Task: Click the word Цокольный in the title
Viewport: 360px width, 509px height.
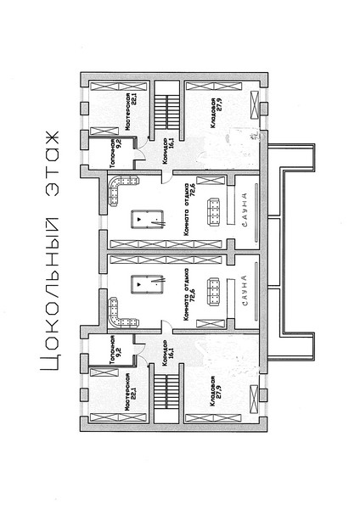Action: click(50, 294)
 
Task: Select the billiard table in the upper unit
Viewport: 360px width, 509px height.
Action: click(148, 219)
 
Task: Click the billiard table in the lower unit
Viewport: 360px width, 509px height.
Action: click(148, 284)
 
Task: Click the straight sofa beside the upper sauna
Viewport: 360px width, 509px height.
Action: click(213, 211)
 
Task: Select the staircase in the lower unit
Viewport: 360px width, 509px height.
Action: click(166, 392)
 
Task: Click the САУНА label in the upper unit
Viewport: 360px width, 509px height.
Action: click(245, 210)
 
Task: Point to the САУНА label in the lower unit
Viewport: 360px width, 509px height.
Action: click(245, 290)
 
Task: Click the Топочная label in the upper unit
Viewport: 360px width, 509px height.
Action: click(112, 154)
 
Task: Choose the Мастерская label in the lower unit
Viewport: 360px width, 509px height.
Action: click(127, 392)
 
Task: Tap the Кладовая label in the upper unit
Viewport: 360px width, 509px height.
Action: click(212, 113)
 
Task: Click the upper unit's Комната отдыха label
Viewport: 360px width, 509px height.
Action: click(186, 210)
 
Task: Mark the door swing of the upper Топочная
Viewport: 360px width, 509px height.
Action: click(141, 154)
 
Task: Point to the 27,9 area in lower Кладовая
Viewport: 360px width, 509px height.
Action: click(219, 392)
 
